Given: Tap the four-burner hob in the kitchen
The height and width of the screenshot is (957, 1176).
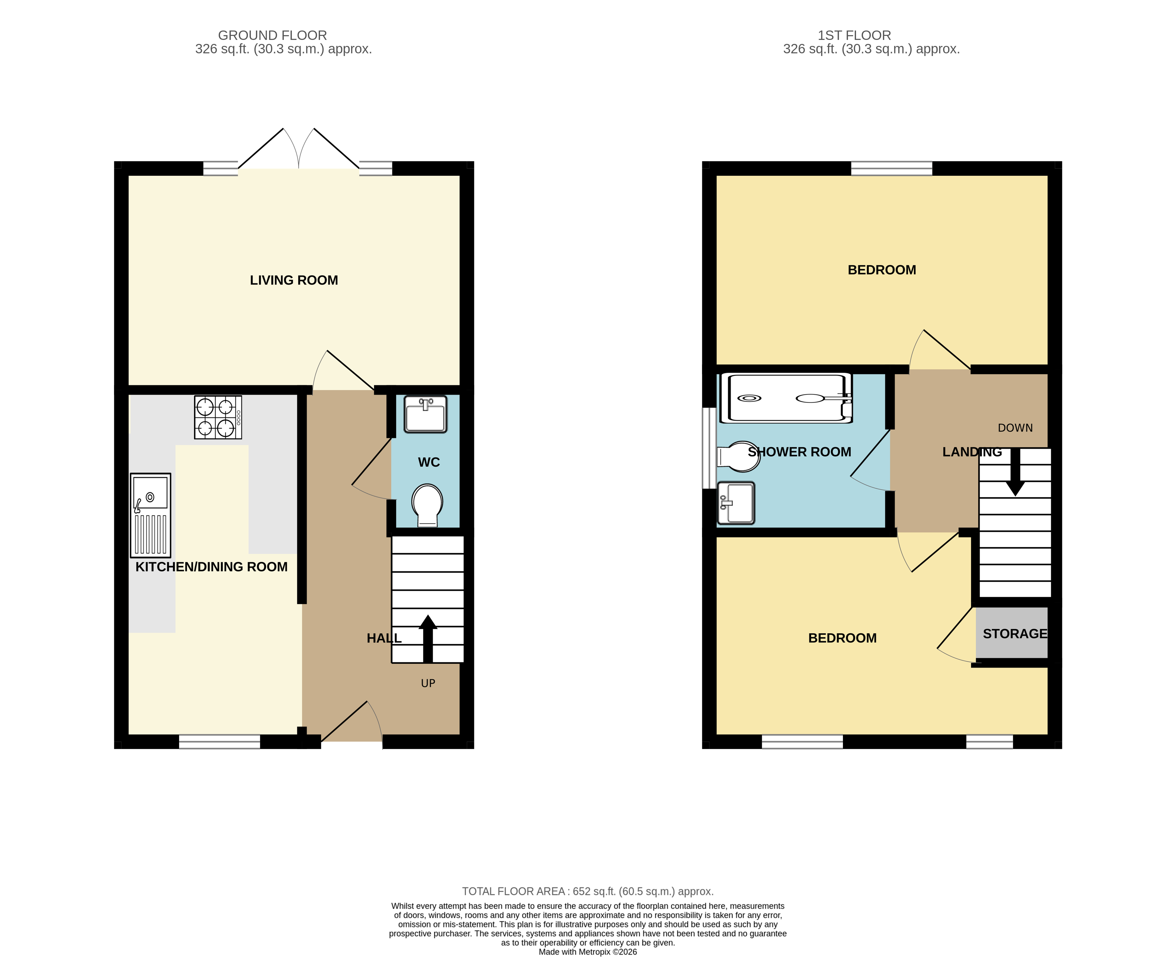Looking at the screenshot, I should coord(218,417).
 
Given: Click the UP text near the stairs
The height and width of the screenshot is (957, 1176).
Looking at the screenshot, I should coord(428,683).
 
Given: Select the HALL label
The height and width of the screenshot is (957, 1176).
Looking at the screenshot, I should coord(384,638).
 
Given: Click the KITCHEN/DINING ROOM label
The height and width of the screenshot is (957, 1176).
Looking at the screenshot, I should coord(211,567).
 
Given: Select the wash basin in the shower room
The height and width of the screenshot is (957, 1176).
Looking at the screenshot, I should coord(736,503).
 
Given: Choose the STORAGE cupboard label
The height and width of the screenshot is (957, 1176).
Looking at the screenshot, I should coord(1014,633).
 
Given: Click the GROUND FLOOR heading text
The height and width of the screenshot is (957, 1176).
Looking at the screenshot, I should coord(272,35).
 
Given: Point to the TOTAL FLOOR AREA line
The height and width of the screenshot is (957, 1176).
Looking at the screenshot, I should coord(587,891).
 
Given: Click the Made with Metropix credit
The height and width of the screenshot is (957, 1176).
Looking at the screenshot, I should coord(587,952).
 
